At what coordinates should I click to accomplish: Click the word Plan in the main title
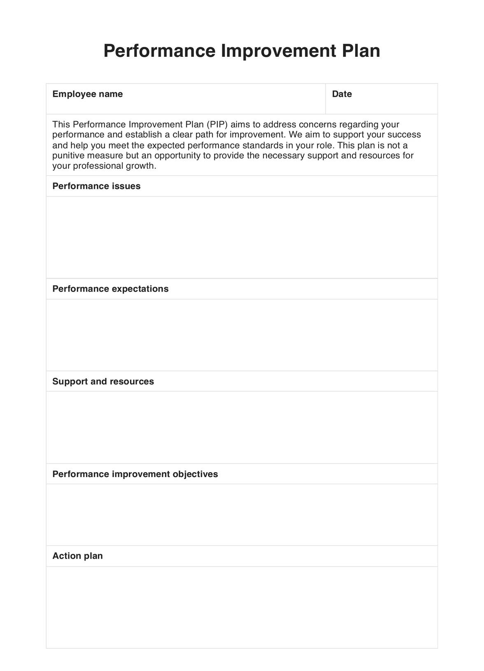[361, 51]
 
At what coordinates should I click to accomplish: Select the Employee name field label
[87, 94]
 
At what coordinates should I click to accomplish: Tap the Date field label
[342, 94]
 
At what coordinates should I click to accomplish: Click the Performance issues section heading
[96, 186]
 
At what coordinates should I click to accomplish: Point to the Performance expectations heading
[110, 289]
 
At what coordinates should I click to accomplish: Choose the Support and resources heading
[103, 382]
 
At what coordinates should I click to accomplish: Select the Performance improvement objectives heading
[135, 474]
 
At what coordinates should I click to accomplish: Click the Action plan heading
[77, 556]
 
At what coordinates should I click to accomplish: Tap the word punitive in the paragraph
[68, 156]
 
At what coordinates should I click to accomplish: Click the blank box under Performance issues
[242, 238]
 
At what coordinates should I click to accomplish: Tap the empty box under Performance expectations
[242, 335]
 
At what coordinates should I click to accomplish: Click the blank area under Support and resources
[242, 427]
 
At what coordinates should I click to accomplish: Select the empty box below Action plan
[242, 607]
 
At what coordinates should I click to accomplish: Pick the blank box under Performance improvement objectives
[242, 515]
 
